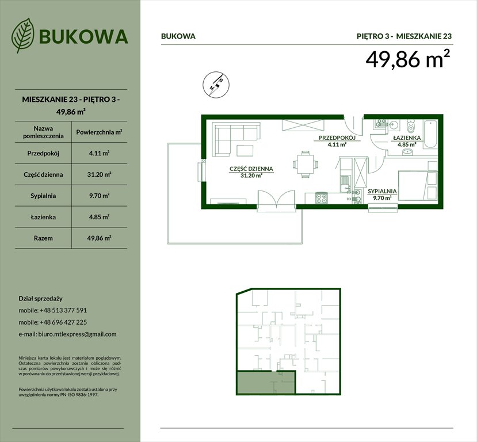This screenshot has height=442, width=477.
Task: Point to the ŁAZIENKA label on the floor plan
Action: pos(407,139)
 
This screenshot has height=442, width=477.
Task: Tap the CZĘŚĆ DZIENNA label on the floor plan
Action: pos(251,169)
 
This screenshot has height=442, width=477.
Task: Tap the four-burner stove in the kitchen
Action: pos(321,197)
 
